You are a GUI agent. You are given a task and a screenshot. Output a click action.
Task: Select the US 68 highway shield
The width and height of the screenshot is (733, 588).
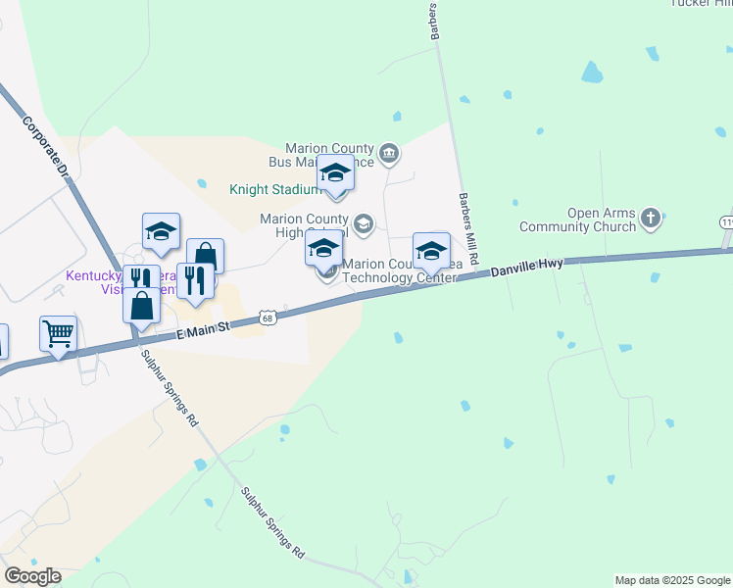pos(268,318)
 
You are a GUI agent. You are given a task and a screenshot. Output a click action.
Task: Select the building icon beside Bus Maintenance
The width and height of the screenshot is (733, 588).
pos(389,152)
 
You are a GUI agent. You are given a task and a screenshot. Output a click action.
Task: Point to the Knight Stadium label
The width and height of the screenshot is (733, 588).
pos(274,189)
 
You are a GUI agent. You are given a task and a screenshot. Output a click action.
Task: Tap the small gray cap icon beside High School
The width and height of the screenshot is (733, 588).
pos(364,224)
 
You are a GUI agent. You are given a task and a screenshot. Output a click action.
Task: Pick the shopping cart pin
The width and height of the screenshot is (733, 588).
pos(58,333)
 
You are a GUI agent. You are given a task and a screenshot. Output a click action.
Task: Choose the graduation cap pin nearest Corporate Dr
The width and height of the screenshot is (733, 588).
pos(161,231)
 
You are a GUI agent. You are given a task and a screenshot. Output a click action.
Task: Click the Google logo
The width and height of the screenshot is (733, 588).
pos(32,576)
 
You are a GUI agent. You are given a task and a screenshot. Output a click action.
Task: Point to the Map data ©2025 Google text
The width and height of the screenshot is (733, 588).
pos(672,580)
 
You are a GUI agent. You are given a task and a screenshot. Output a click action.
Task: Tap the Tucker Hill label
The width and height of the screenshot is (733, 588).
pos(702,3)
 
